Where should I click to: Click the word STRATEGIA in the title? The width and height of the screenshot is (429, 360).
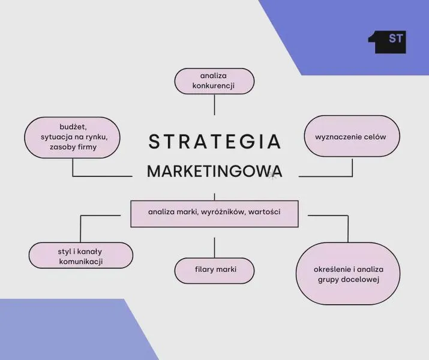pyautogui.click(x=215, y=142)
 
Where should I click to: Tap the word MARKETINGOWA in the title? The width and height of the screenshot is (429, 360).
pyautogui.click(x=215, y=171)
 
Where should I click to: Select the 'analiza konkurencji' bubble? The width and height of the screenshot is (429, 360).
pyautogui.click(x=215, y=81)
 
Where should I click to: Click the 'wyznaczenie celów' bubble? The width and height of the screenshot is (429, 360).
pyautogui.click(x=352, y=136)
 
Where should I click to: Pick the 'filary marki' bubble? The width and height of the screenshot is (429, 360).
pyautogui.click(x=215, y=271)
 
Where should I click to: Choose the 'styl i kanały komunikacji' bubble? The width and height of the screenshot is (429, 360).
pyautogui.click(x=81, y=255)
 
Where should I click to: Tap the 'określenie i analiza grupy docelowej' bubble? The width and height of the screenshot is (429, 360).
pyautogui.click(x=348, y=274)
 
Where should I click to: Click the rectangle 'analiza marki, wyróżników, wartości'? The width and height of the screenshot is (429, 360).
pyautogui.click(x=215, y=214)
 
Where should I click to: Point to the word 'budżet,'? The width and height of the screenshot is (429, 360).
pyautogui.click(x=73, y=127)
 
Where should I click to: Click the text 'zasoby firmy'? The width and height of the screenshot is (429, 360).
pyautogui.click(x=73, y=147)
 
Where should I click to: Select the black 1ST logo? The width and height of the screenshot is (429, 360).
pyautogui.click(x=387, y=42)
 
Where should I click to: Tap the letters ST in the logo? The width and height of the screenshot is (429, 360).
pyautogui.click(x=396, y=38)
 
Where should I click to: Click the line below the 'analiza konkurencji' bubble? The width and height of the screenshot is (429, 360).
pyautogui.click(x=215, y=105)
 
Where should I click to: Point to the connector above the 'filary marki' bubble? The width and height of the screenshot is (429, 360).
pyautogui.click(x=215, y=248)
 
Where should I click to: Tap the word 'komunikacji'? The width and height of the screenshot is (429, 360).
pyautogui.click(x=81, y=262)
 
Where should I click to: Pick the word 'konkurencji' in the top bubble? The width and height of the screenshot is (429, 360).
pyautogui.click(x=214, y=86)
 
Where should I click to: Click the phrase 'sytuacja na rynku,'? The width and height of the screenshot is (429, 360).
pyautogui.click(x=74, y=137)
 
